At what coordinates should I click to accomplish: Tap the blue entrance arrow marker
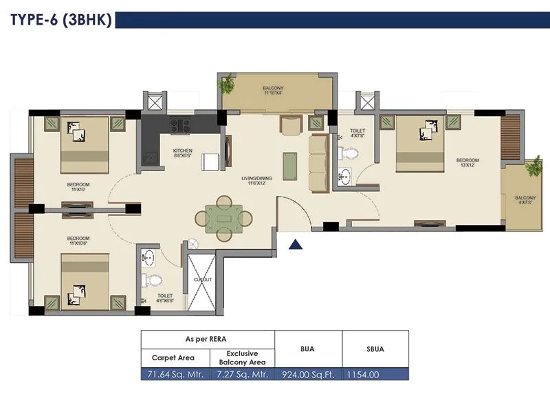295,243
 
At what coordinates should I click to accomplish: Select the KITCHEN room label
182,153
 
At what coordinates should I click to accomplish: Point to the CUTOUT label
203,280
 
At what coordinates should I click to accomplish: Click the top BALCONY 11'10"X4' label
273,91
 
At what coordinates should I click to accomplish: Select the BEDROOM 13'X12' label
467,163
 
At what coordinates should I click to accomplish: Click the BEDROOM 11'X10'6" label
78,241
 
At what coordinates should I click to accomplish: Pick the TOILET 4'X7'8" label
357,133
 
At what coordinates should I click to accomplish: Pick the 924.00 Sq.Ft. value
309,375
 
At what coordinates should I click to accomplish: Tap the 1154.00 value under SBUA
375,375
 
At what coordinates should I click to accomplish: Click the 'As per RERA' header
208,339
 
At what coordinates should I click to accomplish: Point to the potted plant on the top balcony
225,85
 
